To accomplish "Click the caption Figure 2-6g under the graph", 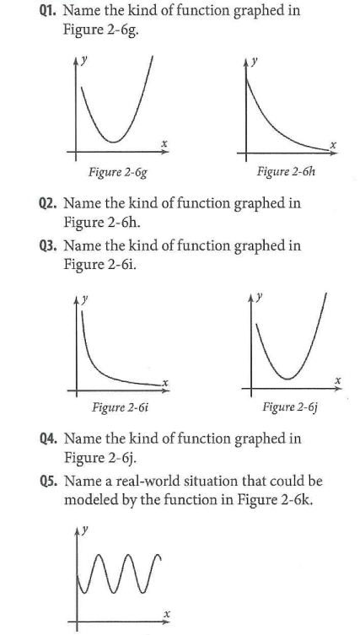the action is point(116,175).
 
